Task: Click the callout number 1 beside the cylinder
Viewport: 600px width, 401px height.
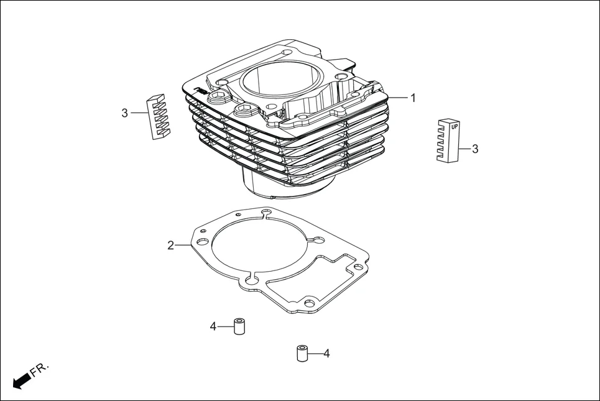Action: pos(413,98)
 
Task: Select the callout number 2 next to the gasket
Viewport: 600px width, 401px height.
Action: pos(170,246)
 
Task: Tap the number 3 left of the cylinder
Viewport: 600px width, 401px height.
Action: pos(125,113)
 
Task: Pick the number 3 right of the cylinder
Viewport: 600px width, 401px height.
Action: pos(475,149)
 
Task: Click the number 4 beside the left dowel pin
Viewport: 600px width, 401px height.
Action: pos(213,326)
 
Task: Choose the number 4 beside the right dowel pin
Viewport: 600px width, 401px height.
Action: pos(326,354)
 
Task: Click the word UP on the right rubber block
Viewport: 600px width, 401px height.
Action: pos(455,126)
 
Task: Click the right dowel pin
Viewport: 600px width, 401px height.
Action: pos(302,353)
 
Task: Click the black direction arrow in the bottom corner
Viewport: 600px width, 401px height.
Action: pos(21,380)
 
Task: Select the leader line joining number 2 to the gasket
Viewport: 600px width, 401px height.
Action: pos(183,246)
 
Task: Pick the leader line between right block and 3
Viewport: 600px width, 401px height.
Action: pos(464,149)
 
